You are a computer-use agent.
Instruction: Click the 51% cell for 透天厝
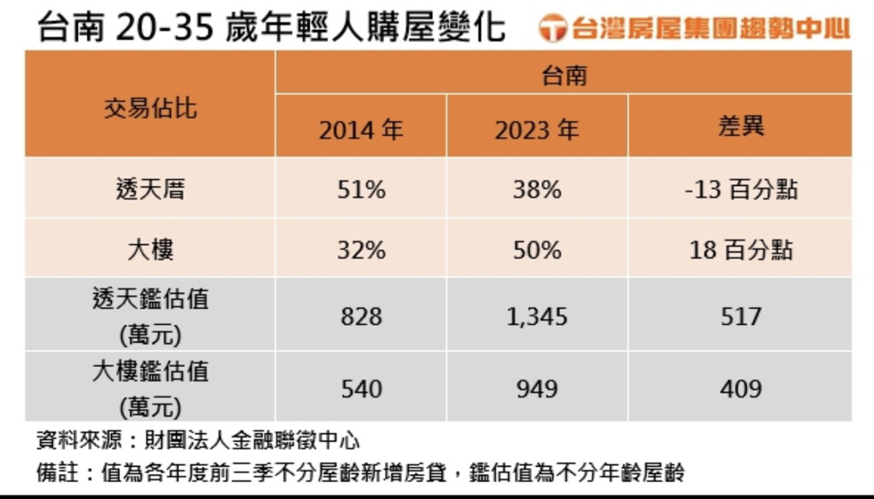point(361,189)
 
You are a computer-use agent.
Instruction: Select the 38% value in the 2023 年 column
point(537,189)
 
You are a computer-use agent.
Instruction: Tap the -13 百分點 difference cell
point(741,189)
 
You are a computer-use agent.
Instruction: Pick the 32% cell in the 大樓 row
point(361,250)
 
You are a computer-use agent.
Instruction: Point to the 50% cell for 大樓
point(537,250)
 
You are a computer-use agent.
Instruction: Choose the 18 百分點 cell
point(741,250)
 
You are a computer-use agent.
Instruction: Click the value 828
point(361,316)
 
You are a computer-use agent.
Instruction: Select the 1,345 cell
point(537,316)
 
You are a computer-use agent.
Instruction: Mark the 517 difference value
point(741,316)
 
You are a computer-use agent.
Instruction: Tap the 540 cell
point(361,388)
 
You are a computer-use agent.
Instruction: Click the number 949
point(537,388)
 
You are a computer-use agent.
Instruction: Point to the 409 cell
point(741,388)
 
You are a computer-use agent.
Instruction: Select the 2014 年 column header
point(361,130)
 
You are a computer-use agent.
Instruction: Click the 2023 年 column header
point(537,130)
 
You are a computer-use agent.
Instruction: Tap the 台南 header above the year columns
point(563,76)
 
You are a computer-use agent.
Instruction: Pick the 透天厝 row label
point(150,189)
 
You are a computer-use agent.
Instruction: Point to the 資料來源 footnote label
point(69,441)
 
